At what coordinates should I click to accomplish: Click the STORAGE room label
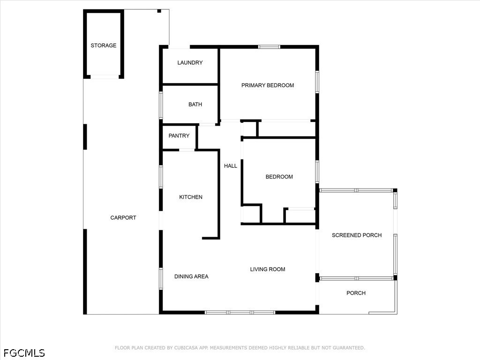pos(104,45)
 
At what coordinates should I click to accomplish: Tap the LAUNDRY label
pos(190,62)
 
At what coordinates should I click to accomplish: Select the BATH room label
pos(195,105)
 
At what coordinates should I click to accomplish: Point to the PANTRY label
pos(179,135)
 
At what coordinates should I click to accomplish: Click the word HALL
pos(231,166)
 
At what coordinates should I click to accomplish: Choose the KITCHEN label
pos(191,197)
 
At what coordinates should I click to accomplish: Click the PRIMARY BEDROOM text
pos(268,85)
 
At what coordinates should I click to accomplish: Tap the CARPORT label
pos(123,217)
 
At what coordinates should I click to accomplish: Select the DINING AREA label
pos(191,277)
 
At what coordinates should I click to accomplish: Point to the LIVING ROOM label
pos(268,270)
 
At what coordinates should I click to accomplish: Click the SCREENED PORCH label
pos(357,235)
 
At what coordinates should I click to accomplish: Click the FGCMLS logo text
pos(24,353)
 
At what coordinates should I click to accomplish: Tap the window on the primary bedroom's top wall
pos(269,47)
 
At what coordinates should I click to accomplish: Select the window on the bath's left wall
pos(161,105)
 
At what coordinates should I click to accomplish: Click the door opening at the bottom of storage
pos(105,77)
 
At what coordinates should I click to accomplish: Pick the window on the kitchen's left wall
pos(161,177)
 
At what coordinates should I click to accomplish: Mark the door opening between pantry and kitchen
pos(187,150)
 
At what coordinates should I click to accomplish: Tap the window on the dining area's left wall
pos(161,278)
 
